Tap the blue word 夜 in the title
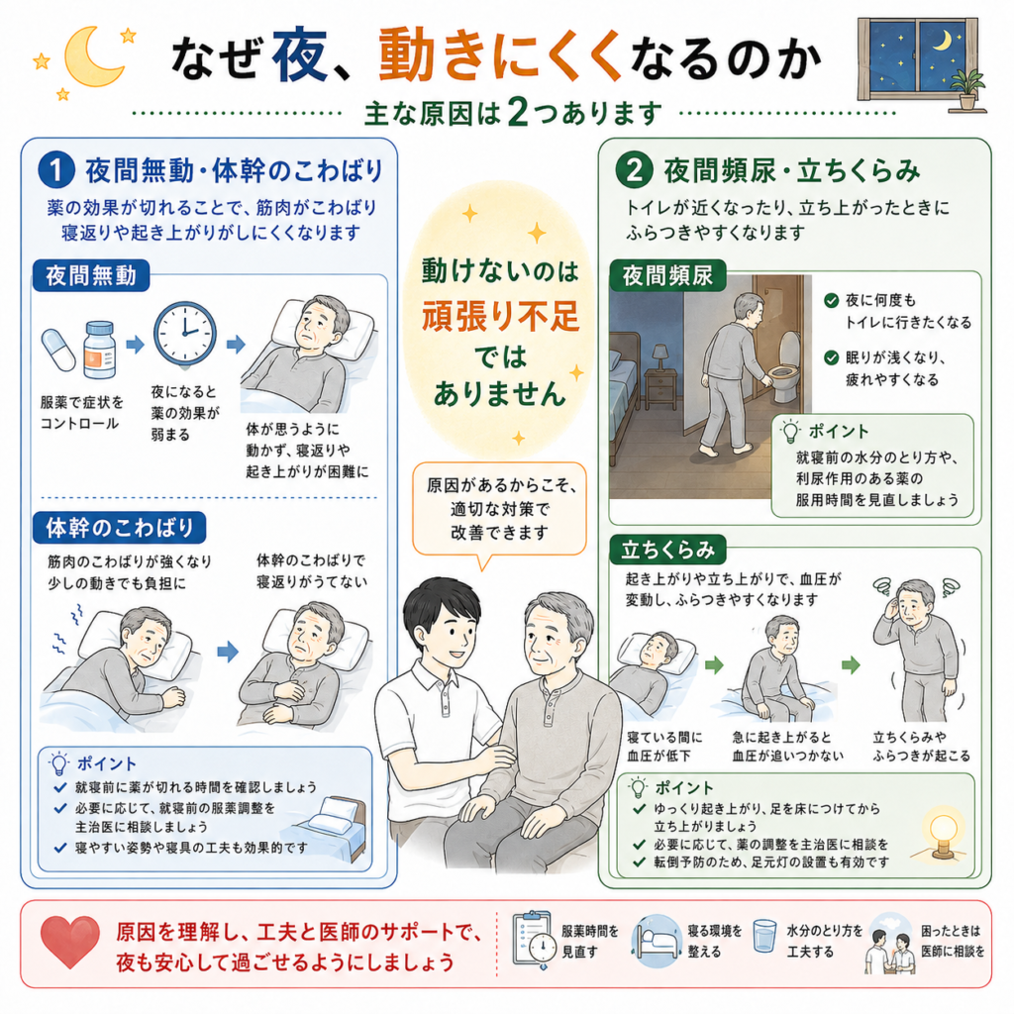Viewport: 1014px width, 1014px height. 299,55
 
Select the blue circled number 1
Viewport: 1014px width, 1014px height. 56,170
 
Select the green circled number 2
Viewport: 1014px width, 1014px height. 634,170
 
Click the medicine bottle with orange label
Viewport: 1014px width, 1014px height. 100,350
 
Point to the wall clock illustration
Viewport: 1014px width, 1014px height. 185,334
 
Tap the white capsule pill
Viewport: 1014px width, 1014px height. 58,350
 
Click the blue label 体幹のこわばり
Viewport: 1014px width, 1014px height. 120,528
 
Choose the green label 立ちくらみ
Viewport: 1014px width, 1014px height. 668,550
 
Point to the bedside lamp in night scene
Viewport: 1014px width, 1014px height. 660,357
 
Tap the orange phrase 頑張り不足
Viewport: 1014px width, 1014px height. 500,316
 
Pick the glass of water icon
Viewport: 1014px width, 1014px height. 765,936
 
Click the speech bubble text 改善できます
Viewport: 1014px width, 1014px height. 499,532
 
